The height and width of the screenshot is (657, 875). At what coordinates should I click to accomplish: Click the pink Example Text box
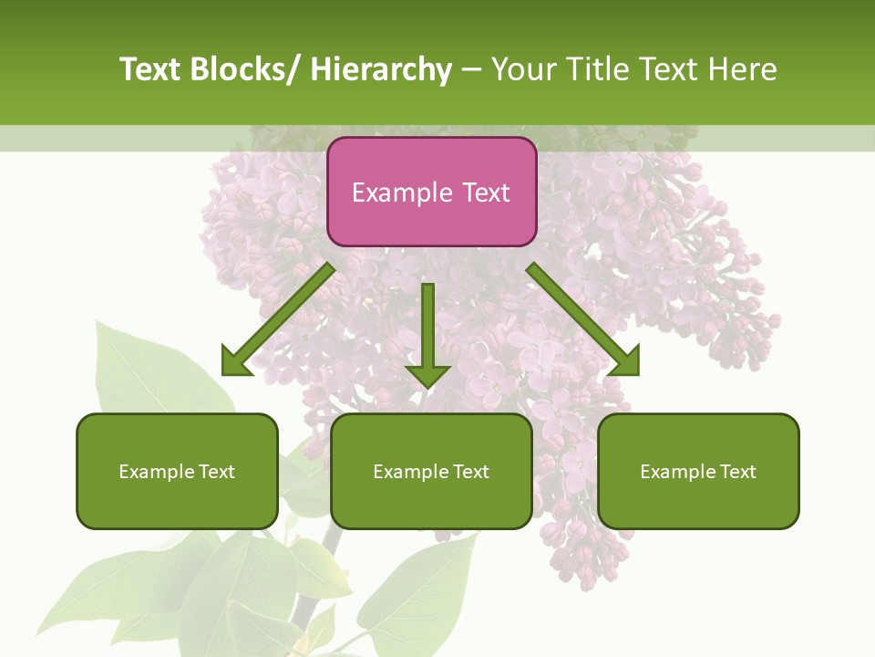click(431, 192)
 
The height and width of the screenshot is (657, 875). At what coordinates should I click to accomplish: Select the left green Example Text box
click(177, 471)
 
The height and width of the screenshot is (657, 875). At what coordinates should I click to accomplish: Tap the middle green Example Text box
click(431, 471)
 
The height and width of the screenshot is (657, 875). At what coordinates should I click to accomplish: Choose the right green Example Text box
click(698, 471)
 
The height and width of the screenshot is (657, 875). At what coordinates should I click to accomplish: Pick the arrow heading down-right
click(583, 320)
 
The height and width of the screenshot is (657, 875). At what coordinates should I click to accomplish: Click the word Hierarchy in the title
click(381, 69)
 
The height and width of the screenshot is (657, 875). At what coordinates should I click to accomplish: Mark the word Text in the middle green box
click(470, 472)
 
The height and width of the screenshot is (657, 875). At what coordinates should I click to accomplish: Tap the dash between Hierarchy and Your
click(471, 69)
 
